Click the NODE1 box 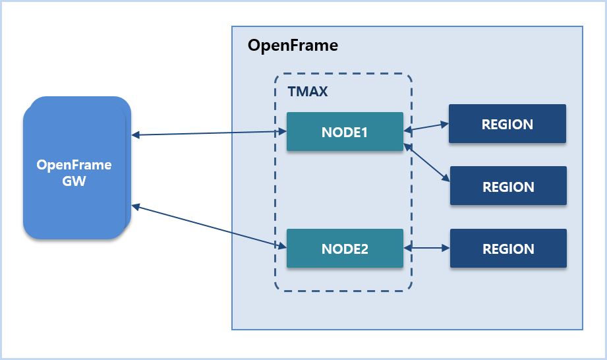point(345,132)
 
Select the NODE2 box point(345,249)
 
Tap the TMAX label point(308,92)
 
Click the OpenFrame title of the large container point(293,45)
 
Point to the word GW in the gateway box point(74,181)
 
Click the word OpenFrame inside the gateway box point(74,165)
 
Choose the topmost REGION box point(507,124)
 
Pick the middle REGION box point(508,187)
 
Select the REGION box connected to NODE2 point(508,249)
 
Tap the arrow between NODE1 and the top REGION point(426,127)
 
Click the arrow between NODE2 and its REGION point(426,249)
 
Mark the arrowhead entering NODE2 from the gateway point(282,247)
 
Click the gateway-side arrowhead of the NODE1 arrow point(136,136)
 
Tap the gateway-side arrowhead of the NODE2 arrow point(136,206)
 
